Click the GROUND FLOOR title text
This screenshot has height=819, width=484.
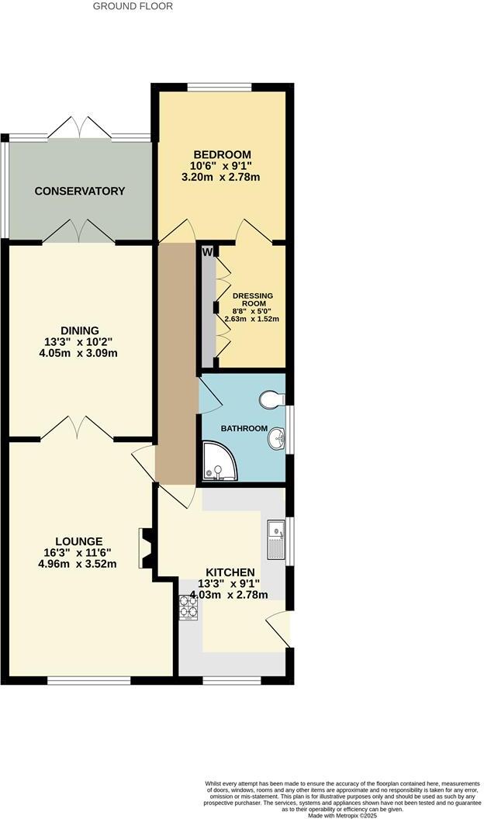click(133, 6)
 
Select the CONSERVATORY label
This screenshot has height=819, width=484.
click(79, 191)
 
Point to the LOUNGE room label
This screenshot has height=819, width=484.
click(79, 541)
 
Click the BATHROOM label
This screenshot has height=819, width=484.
click(244, 429)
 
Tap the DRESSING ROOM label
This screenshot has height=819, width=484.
click(252, 300)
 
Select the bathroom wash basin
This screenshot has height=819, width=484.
click(276, 441)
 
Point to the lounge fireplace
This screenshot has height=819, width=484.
click(145, 548)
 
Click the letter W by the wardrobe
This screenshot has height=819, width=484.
click(207, 251)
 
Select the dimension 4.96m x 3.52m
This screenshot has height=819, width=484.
click(79, 564)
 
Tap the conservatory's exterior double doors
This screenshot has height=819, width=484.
click(79, 128)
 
